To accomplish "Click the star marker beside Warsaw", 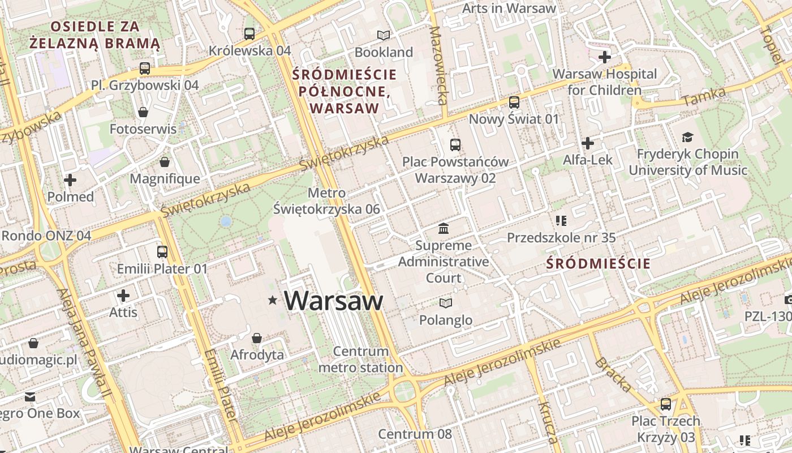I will click(x=273, y=300).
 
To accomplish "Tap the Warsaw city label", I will click(x=334, y=301).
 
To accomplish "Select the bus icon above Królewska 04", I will click(x=249, y=33).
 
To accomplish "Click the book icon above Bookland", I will click(x=384, y=35).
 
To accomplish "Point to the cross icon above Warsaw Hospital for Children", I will click(x=605, y=57).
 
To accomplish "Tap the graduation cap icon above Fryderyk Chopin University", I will click(x=687, y=137).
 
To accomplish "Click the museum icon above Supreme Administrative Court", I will click(x=444, y=229).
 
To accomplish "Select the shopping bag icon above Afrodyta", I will click(x=257, y=338).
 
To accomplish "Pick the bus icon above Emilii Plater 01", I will click(x=162, y=251).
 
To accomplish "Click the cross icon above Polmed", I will click(x=70, y=180).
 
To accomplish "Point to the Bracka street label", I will click(x=613, y=374).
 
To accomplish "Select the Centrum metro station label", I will click(x=360, y=360).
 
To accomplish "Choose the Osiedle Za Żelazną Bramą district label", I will click(x=94, y=35).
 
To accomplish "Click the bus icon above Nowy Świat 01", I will click(x=514, y=102).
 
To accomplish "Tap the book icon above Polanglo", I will click(x=446, y=303).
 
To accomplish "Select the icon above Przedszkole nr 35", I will click(x=561, y=220).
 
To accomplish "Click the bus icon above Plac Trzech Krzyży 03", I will click(x=666, y=404).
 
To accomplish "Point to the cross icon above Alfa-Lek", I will click(x=588, y=143).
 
